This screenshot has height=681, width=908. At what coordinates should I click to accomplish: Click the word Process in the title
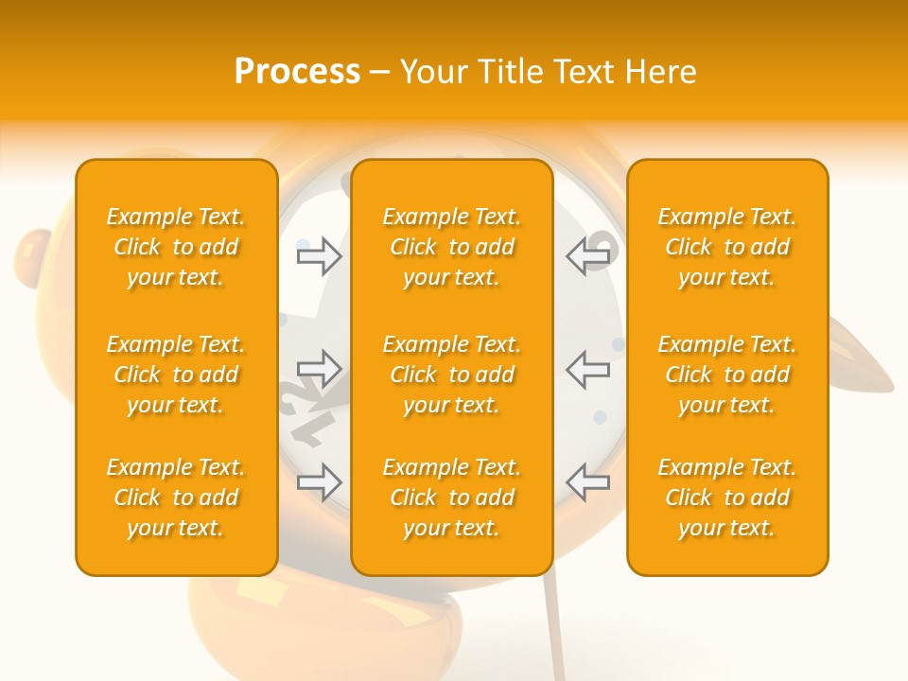[297, 72]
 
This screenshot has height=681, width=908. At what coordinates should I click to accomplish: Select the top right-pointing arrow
[319, 256]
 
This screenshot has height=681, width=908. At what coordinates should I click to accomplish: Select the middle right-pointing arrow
[319, 369]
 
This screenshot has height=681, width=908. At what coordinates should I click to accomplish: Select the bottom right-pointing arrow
[319, 481]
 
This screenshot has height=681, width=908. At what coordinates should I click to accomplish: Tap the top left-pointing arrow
[588, 256]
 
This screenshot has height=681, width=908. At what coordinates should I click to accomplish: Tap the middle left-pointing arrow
[588, 369]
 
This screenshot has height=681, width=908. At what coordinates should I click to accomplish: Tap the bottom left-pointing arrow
[588, 481]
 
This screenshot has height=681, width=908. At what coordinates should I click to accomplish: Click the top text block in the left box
[176, 247]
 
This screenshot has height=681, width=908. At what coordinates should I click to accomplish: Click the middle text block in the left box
[176, 375]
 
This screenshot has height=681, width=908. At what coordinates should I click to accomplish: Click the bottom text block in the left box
[176, 498]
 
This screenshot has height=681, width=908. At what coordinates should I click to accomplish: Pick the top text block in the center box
[452, 247]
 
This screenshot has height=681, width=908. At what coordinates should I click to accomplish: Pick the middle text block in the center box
[452, 375]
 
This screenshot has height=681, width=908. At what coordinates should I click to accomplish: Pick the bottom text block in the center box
[452, 498]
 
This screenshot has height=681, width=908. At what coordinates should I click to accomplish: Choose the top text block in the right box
[727, 247]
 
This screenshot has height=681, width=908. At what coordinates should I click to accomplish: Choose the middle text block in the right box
[727, 375]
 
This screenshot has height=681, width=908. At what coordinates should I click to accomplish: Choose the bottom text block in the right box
[727, 498]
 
